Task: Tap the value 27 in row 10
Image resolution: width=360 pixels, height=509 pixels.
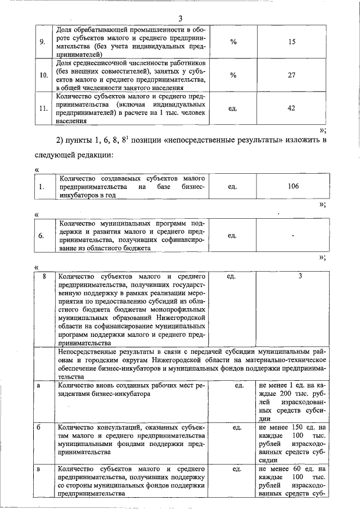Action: (x=291, y=75)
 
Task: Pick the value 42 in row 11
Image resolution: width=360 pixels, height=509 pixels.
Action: (x=291, y=108)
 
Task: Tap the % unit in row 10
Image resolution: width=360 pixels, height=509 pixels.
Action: (x=233, y=75)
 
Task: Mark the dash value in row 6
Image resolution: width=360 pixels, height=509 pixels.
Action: (x=292, y=236)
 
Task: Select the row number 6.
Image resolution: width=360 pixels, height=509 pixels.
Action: (x=41, y=236)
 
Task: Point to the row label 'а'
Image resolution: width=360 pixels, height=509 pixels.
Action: (x=38, y=385)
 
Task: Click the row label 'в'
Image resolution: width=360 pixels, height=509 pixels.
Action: (x=38, y=468)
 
